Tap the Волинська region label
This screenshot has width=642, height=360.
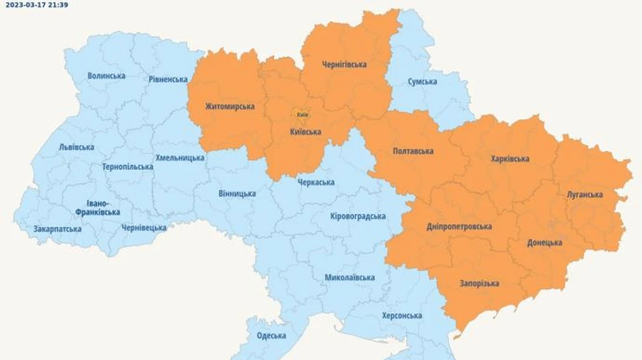click(106, 76)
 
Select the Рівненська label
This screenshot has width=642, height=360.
click(169, 79)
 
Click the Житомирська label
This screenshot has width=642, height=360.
click(230, 106)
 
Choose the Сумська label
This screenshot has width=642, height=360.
click(422, 81)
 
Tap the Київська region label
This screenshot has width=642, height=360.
click(306, 131)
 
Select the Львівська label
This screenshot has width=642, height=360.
click(76, 147)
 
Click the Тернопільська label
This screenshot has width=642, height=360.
click(128, 166)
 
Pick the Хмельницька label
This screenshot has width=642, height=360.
click(180, 158)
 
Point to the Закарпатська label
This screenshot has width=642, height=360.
click(57, 229)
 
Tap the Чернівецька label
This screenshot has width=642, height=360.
click(144, 227)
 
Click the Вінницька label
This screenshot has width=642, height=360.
click(237, 193)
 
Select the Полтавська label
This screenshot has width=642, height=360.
click(413, 151)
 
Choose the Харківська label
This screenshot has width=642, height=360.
click(510, 158)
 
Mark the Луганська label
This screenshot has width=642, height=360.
click(585, 194)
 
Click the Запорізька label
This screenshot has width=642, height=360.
click(479, 283)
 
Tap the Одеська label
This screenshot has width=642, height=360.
click(271, 335)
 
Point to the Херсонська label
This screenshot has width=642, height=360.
click(402, 315)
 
